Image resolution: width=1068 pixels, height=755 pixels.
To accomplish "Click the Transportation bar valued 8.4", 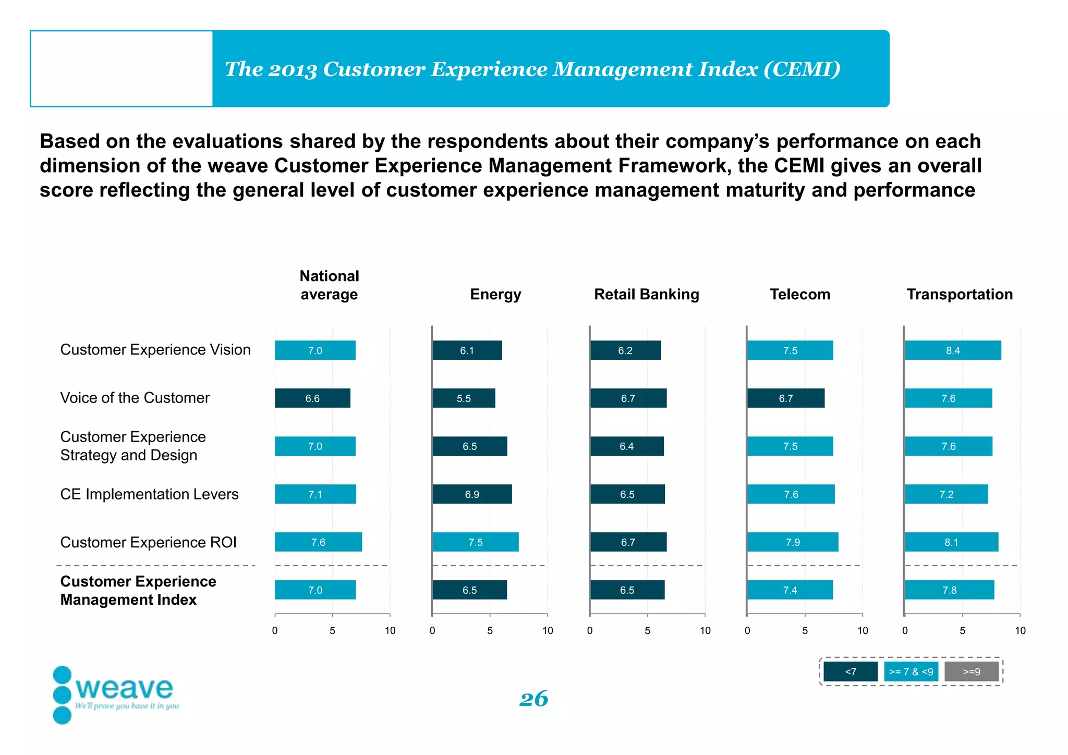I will (953, 350).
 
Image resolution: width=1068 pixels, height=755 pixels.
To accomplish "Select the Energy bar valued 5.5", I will (464, 398).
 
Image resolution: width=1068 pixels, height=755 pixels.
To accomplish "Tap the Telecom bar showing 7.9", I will (793, 542).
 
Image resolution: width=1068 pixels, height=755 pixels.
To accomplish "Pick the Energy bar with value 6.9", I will (472, 494).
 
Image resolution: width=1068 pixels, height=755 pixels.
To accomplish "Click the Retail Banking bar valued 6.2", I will (625, 350).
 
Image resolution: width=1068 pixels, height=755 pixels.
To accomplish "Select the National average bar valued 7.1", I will (315, 494).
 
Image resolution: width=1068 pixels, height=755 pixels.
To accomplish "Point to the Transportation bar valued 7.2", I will (946, 494).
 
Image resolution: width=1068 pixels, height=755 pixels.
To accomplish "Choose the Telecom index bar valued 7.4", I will (790, 590).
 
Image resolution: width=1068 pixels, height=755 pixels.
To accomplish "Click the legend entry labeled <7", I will (851, 672).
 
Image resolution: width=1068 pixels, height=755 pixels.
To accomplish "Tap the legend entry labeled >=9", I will (972, 672).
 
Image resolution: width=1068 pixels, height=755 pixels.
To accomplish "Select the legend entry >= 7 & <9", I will (911, 672).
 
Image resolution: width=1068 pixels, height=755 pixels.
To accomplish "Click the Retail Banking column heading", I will (647, 294).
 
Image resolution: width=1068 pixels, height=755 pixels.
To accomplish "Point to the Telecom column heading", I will (800, 294).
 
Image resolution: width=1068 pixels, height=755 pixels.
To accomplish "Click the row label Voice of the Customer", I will (135, 398).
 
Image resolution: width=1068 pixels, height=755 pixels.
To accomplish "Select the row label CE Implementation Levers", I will (149, 494).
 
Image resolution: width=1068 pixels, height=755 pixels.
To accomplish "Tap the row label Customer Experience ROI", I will (148, 542).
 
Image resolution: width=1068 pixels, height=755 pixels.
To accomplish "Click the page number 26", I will (533, 699).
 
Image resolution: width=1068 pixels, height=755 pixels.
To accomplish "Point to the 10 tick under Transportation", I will (1020, 631).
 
